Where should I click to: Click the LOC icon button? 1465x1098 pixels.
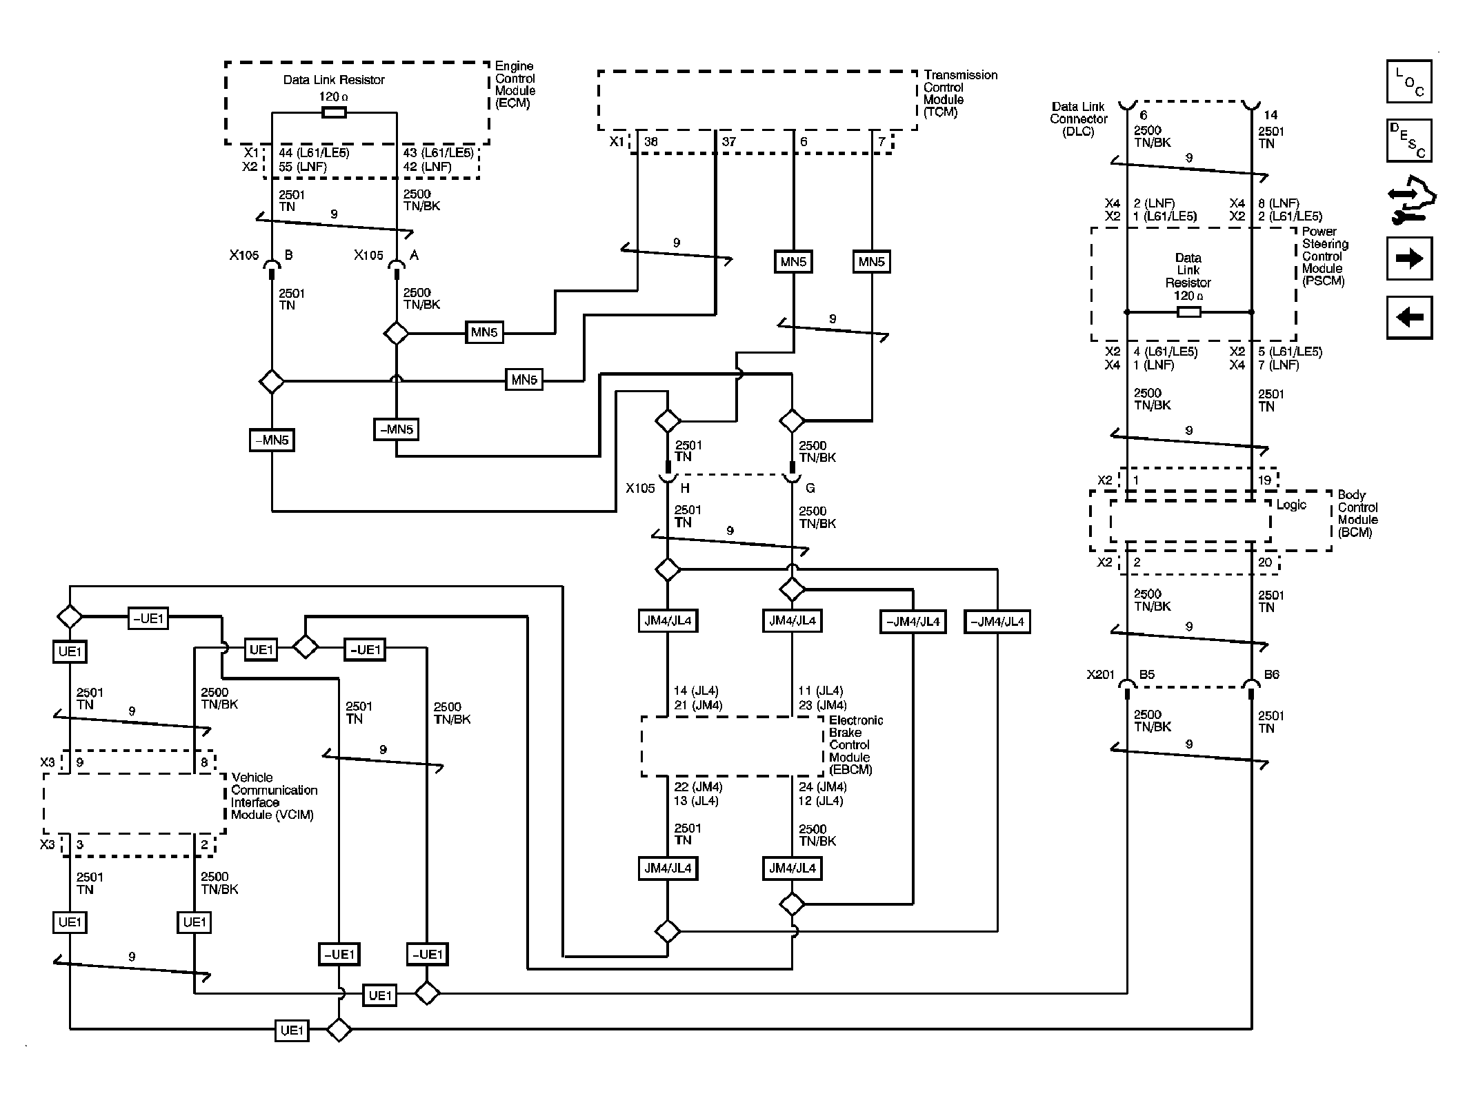[1408, 81]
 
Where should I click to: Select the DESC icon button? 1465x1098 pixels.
[1408, 141]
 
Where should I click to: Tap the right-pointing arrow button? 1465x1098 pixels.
[1408, 258]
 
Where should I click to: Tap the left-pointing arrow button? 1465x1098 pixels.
[1408, 317]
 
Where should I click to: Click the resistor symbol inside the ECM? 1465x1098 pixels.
[334, 112]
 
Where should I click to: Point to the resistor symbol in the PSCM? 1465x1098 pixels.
[1188, 312]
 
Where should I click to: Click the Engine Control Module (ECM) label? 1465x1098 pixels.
[515, 85]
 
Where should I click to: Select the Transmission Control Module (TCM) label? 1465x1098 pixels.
[960, 93]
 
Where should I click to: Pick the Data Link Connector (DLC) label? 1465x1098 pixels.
[1078, 119]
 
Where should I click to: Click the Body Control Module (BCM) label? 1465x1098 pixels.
[1357, 514]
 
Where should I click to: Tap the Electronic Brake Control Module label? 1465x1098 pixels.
[855, 744]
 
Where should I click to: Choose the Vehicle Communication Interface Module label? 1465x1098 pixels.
[274, 796]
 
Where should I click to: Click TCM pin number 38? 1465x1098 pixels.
[650, 142]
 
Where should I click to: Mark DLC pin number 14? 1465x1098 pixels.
[1270, 115]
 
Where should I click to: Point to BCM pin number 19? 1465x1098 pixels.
[1264, 480]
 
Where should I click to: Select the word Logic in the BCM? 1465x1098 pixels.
[1290, 505]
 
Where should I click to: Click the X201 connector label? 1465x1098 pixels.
[1100, 675]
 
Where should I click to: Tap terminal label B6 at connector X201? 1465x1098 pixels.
[1271, 675]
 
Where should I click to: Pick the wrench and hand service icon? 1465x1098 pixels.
[1410, 200]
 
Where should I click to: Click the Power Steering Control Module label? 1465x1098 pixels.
[1324, 256]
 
